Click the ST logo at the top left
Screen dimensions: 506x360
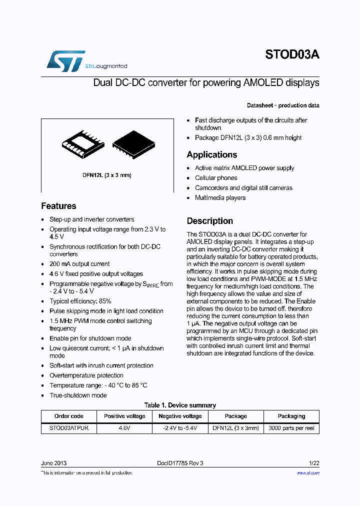65,61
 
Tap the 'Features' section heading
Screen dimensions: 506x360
58,206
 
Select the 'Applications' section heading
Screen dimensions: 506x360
212,154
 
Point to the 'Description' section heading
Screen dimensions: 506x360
209,221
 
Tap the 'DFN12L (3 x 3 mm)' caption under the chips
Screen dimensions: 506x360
106,175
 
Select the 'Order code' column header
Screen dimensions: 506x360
69,416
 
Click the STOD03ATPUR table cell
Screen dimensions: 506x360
69,428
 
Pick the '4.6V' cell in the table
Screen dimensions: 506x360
124,428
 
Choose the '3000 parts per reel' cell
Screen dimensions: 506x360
291,428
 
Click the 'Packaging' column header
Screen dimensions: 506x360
291,416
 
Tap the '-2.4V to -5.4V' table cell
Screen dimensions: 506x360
180,428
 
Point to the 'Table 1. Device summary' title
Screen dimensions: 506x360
180,405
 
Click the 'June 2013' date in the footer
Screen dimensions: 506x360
53,463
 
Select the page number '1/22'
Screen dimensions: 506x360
313,463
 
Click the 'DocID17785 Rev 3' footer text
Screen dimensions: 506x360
180,463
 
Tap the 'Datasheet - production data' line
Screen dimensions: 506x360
283,105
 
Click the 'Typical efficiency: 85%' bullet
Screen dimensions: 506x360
80,301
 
